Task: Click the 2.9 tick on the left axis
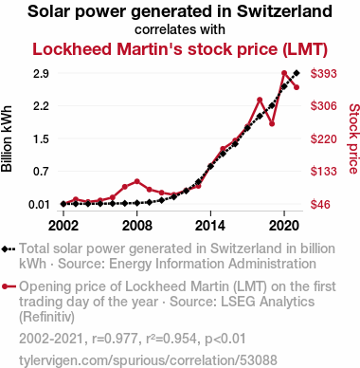[41, 74]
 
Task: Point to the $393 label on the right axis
[324, 74]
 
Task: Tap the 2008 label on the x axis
[137, 226]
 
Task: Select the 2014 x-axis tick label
[210, 226]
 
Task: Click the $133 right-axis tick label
[324, 172]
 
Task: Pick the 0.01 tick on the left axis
[39, 205]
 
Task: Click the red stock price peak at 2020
[284, 73]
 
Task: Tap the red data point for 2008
[137, 181]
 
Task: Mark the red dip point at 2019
[272, 123]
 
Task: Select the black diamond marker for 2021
[297, 73]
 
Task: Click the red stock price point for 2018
[260, 100]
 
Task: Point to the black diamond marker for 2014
[210, 166]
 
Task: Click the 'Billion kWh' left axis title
[7, 138]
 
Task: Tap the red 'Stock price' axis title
[353, 138]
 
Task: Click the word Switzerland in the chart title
[284, 11]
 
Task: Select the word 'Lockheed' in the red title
[72, 49]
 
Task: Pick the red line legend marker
[9, 286]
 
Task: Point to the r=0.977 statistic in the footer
[115, 339]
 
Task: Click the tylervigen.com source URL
[148, 360]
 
